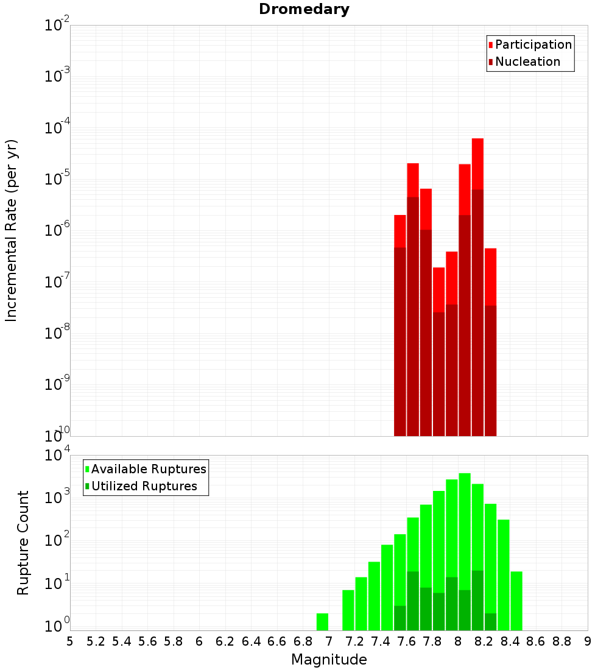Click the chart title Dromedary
coord(304,9)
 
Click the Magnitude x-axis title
coord(329,660)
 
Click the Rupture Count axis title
coord(23,542)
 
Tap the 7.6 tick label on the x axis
coord(406,641)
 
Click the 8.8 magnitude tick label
coord(561,641)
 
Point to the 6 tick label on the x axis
coord(199,641)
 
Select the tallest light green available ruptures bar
coord(465,548)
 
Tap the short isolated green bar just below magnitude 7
coord(322,622)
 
